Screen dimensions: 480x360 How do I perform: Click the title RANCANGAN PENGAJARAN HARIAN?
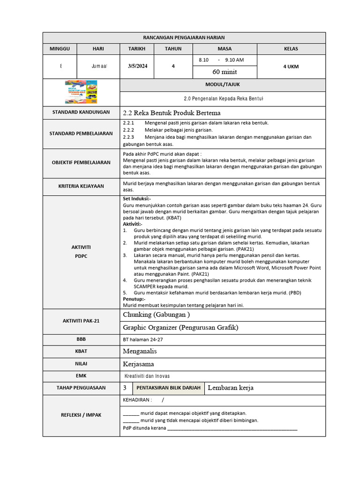pos(184,37)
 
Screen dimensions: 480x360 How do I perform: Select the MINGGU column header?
pos(60,49)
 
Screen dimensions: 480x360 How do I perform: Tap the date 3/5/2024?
pos(137,66)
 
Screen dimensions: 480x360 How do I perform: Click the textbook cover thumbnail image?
pos(81,92)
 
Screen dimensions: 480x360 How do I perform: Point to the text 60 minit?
pos(225,72)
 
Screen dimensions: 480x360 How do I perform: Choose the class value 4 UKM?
pos(291,66)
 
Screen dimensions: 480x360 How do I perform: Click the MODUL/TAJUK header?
pos(223,84)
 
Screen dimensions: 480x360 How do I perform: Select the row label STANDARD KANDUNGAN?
pos(81,112)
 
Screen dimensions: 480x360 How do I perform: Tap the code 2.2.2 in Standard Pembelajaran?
pos(128,130)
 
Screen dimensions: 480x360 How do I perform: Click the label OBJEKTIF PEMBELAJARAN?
pos(81,162)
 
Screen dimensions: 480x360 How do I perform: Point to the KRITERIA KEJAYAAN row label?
pos(81,186)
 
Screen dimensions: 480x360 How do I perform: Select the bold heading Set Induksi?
pos(137,199)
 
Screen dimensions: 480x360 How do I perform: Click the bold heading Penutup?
pos(134,299)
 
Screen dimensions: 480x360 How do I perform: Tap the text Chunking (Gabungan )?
pos(156,314)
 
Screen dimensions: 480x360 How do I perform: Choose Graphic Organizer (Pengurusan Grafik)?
pos(180,327)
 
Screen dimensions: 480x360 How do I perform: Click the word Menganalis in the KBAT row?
pos(140,351)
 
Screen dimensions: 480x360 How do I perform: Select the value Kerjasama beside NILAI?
pos(138,364)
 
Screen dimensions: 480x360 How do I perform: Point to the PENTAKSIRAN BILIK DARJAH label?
pos(168,388)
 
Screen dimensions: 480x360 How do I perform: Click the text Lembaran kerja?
pos(230,388)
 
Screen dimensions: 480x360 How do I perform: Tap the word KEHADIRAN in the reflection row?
pos(137,400)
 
